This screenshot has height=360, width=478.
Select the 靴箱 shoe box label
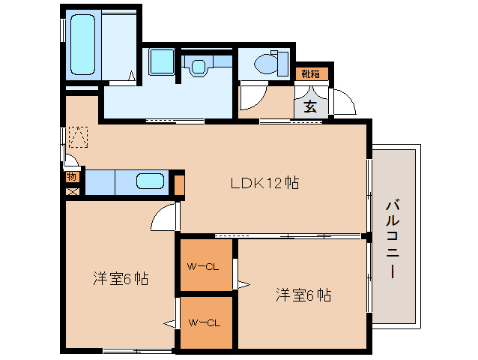pyautogui.click(x=310, y=73)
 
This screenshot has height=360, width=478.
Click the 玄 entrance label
pyautogui.click(x=311, y=105)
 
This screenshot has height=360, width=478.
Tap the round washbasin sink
pyautogui.click(x=198, y=66)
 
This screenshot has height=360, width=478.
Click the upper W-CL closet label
pyautogui.click(x=203, y=265)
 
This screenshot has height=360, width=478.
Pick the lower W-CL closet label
pyautogui.click(x=203, y=323)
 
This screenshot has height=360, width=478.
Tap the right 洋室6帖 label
pyautogui.click(x=303, y=295)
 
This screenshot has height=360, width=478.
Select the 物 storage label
pyautogui.click(x=72, y=177)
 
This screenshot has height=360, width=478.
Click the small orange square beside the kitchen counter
pyautogui.click(x=179, y=183)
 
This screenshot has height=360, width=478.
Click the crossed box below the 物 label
pyautogui.click(x=72, y=190)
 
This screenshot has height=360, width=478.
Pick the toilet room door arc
pyautogui.click(x=250, y=98)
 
